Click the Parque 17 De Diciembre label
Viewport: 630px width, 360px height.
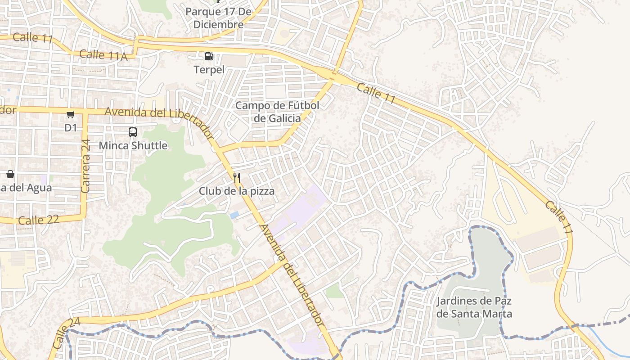[218, 18]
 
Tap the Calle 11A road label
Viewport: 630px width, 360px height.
[103, 55]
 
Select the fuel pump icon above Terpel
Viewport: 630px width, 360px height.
[209, 56]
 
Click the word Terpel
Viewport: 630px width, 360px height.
[209, 70]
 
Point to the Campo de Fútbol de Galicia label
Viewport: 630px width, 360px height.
[277, 112]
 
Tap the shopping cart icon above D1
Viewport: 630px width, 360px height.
[71, 114]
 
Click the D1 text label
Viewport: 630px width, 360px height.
[71, 128]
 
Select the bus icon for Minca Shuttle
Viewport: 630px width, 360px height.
[133, 132]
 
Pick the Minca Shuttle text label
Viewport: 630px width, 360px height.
[133, 146]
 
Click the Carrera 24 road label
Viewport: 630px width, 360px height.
[85, 166]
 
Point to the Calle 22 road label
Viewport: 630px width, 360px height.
[39, 220]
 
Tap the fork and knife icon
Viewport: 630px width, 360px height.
[237, 177]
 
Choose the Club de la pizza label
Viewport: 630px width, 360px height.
[237, 191]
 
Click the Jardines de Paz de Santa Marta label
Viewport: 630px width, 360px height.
[474, 307]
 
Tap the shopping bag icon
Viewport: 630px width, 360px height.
[10, 174]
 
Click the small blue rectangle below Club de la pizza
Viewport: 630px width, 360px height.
[234, 215]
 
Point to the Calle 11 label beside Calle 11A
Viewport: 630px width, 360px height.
[32, 37]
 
